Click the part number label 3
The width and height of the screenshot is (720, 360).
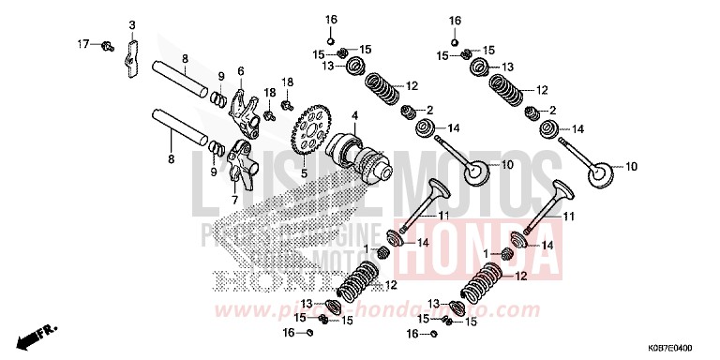pos(132,24)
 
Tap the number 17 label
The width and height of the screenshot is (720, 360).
pos(82,43)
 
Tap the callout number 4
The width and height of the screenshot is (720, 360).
pos(354,115)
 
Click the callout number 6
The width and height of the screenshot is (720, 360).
pos(241,71)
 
